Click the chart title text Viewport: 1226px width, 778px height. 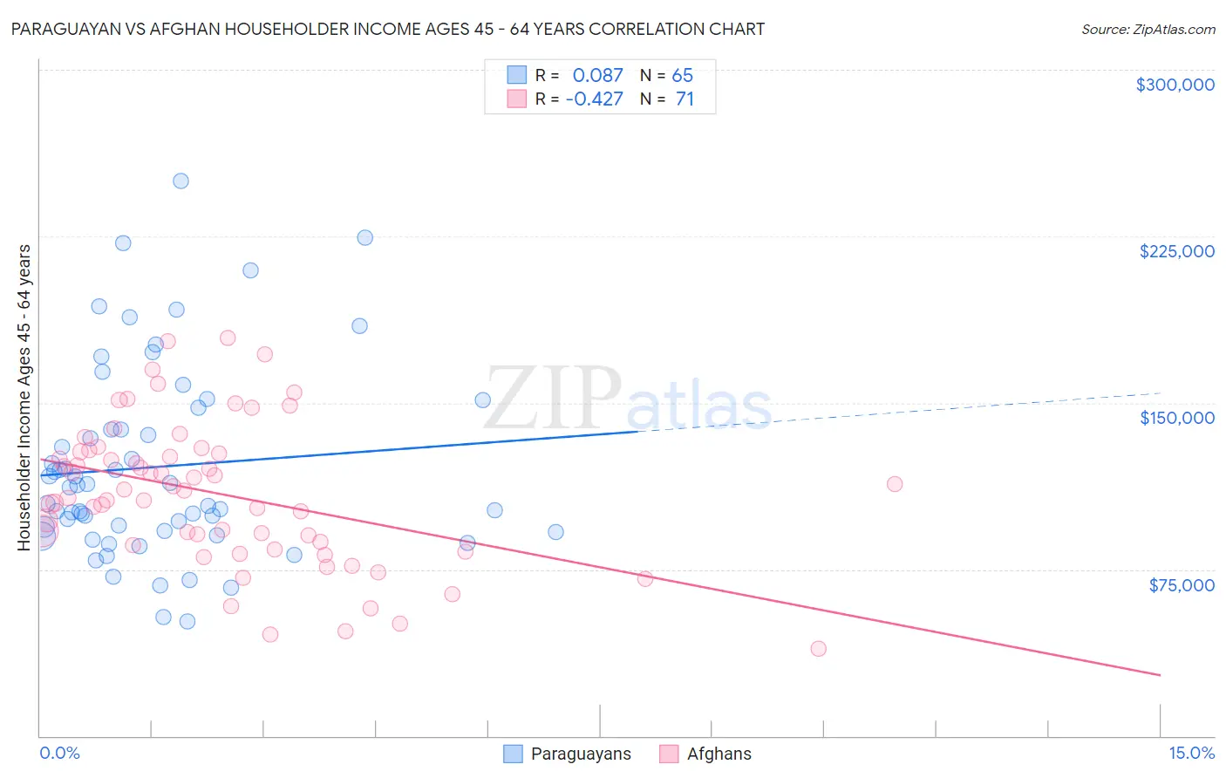(388, 29)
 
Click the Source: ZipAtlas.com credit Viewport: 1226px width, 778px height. (1148, 29)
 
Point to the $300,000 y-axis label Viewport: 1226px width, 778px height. (1175, 85)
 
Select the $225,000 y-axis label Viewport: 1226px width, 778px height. (1176, 251)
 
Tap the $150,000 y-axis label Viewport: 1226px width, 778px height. (1176, 418)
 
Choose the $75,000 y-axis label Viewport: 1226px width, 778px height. (1181, 585)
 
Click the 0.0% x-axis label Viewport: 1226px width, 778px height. (59, 753)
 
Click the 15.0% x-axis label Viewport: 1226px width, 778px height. (1191, 753)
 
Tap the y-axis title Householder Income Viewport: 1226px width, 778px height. (24, 398)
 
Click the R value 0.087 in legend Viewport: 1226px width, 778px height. (597, 75)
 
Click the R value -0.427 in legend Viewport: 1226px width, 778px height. (594, 99)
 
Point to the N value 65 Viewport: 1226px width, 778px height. (682, 75)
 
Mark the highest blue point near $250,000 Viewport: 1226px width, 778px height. (180, 181)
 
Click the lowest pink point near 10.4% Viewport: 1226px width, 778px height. (818, 648)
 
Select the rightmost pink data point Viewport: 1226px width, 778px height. (894, 484)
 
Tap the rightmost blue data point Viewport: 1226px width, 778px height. (555, 532)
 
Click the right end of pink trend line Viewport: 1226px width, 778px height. (1160, 675)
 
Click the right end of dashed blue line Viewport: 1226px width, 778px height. (1160, 393)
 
